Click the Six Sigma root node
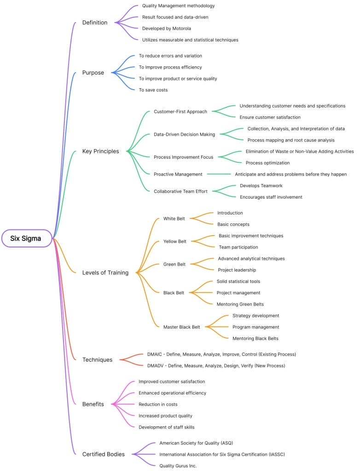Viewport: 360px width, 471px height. (x=26, y=238)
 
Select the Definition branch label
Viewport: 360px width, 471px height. (x=95, y=23)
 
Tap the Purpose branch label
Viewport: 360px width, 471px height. (x=93, y=73)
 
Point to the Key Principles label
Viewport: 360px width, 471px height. (x=100, y=151)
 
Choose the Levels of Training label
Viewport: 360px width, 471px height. (x=105, y=273)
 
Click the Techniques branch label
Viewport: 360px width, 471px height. (x=97, y=360)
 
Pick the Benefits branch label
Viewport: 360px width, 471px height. (x=93, y=404)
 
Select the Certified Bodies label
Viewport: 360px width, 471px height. (x=104, y=454)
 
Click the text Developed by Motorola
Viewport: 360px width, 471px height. (x=166, y=29)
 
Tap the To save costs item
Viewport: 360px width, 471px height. (x=153, y=90)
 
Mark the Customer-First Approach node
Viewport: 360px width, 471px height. (x=180, y=111)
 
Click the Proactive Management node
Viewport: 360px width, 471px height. (x=178, y=174)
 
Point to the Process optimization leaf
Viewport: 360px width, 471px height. (x=268, y=163)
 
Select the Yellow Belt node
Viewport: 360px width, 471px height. (x=175, y=241)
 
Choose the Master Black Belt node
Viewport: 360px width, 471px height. (x=182, y=327)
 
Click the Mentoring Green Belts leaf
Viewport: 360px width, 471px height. (x=240, y=304)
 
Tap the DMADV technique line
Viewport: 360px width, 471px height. (x=216, y=366)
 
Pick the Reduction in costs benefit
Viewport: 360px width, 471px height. (x=158, y=404)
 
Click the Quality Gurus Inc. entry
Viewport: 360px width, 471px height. (x=178, y=466)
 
